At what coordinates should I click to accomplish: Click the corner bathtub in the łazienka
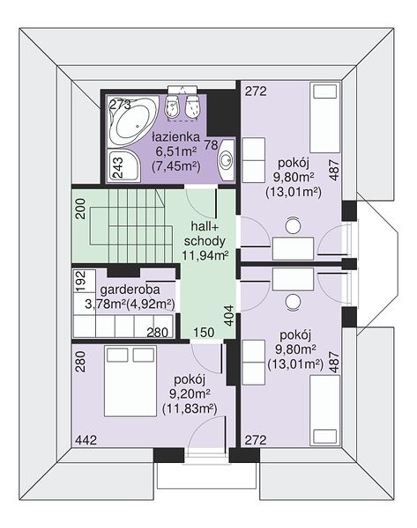click(x=132, y=121)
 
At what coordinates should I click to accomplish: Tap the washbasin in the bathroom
click(x=226, y=159)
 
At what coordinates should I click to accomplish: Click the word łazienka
click(x=175, y=137)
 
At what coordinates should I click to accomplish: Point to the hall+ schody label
click(x=205, y=233)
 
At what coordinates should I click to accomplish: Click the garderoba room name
click(x=130, y=290)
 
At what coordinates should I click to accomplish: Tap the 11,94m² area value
click(x=205, y=255)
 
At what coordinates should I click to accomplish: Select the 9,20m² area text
click(x=190, y=394)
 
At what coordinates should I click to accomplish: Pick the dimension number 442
click(x=86, y=440)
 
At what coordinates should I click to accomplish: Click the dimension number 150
click(x=205, y=333)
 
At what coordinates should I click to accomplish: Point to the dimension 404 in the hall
click(x=229, y=316)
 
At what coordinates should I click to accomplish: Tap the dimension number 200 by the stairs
click(x=80, y=209)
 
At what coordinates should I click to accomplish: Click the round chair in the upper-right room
click(x=293, y=226)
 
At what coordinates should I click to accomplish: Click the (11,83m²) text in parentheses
click(x=190, y=409)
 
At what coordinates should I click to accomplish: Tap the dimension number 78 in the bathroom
click(x=212, y=145)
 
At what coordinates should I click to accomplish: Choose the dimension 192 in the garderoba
click(x=80, y=281)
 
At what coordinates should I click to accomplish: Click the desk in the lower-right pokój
click(x=293, y=280)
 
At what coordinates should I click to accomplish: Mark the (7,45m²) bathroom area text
click(x=176, y=166)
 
